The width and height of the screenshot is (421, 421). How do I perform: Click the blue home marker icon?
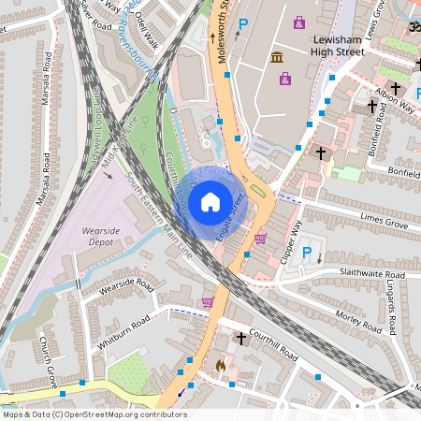210,200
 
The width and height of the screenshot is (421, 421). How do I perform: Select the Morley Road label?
358,321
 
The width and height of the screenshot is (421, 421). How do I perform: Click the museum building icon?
278,58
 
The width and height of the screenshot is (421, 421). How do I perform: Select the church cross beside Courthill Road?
241,337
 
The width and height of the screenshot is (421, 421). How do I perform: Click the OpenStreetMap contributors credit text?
94,414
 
